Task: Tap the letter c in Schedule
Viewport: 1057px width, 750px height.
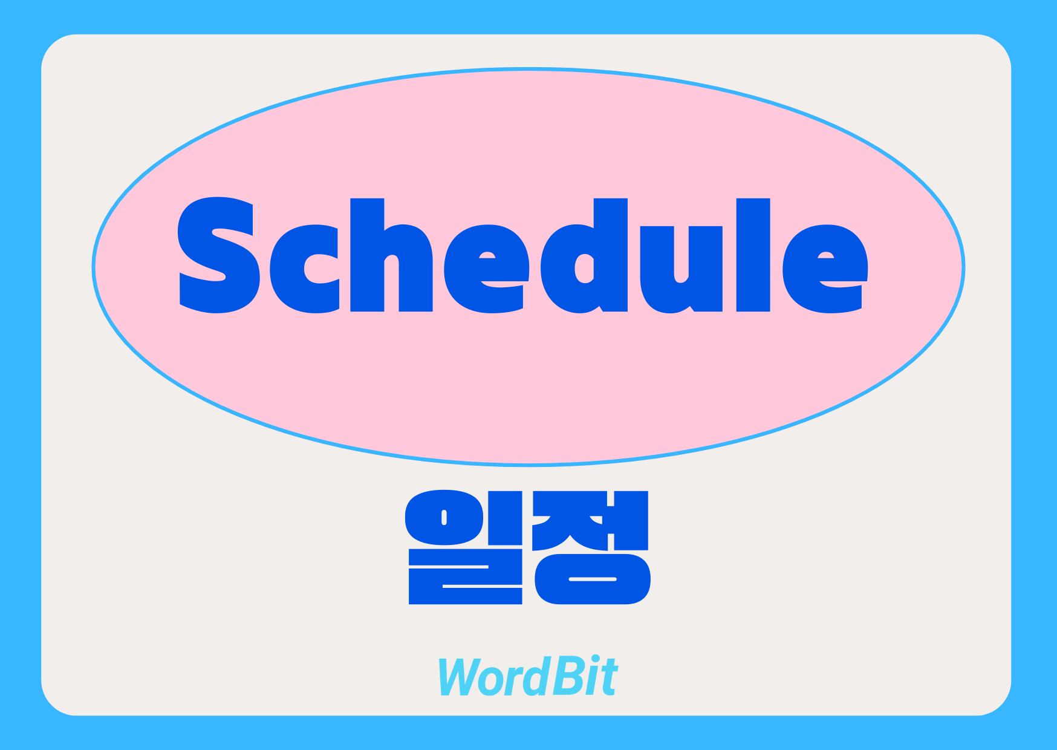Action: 304,269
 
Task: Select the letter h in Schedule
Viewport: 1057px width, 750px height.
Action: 391,255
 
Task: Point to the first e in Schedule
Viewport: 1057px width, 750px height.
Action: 487,269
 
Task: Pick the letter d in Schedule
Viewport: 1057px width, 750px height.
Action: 584,255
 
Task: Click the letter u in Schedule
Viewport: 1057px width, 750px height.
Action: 681,270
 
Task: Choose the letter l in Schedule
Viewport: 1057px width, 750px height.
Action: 753,255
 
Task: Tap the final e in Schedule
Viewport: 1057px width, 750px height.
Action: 825,269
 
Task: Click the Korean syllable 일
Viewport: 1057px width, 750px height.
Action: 465,547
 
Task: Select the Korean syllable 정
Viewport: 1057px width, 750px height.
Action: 591,547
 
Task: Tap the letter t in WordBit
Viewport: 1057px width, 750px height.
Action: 609,678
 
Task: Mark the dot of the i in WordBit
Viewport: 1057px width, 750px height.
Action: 595,659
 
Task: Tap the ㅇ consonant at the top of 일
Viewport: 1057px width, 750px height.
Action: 444,517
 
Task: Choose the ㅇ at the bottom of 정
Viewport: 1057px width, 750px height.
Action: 593,579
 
